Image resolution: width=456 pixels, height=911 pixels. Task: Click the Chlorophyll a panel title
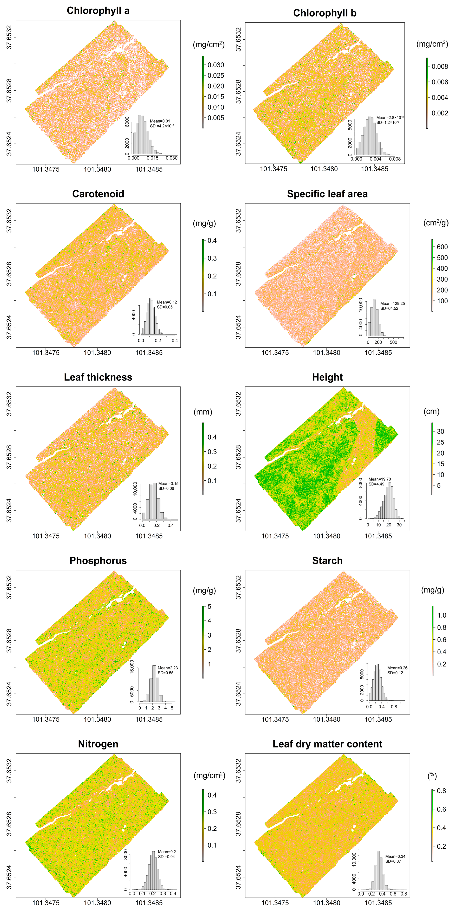click(98, 11)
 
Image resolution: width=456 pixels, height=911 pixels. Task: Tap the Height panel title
click(327, 377)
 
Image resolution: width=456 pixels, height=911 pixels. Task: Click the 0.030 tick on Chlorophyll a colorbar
click(215, 65)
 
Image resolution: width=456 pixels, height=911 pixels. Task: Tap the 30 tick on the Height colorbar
click(440, 432)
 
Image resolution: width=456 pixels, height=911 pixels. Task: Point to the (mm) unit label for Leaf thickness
click(203, 412)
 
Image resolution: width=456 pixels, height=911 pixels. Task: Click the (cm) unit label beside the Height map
click(431, 411)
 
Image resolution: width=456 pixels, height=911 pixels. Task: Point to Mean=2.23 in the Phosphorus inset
click(168, 668)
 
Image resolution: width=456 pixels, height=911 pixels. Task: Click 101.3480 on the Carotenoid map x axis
click(97, 353)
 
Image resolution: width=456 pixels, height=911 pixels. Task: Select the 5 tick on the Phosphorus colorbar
click(209, 607)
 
